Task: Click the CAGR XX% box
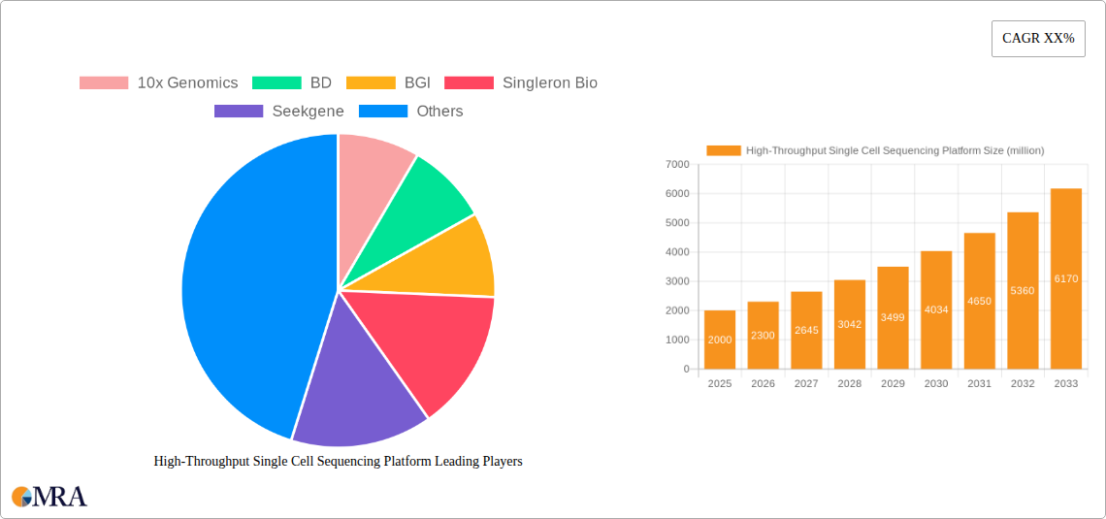click(1038, 39)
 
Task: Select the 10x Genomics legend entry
click(158, 83)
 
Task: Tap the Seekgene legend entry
click(279, 112)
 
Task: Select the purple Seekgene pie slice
click(354, 388)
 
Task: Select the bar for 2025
click(720, 340)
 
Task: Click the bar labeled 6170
click(1065, 278)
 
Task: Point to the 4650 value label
click(979, 301)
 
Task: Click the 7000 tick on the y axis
click(676, 165)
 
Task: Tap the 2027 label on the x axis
click(806, 384)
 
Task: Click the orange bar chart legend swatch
click(723, 150)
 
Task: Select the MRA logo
click(49, 497)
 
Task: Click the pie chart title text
click(338, 462)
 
